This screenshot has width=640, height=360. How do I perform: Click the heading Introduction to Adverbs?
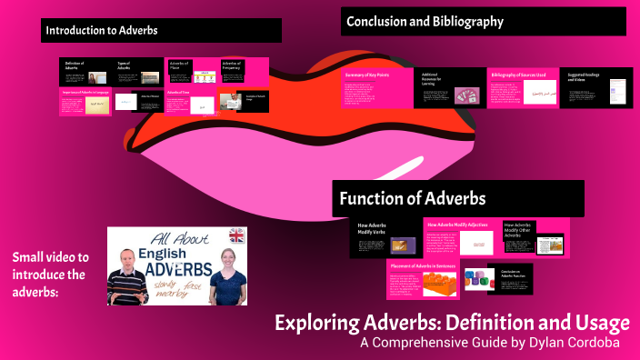click(x=102, y=30)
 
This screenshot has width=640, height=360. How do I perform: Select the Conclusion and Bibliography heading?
click(x=425, y=21)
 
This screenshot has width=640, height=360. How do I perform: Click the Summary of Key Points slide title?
click(x=366, y=75)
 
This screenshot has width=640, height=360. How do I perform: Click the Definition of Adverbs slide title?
click(x=74, y=66)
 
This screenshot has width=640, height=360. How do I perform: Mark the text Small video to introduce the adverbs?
click(x=50, y=274)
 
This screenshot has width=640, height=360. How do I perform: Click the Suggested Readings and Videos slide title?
click(x=582, y=77)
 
